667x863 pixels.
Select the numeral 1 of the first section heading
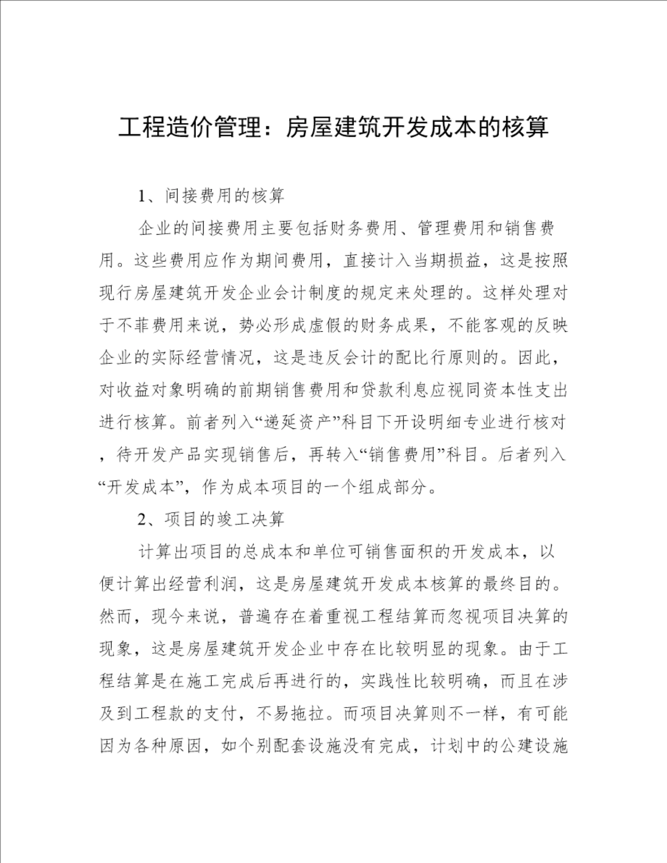(x=142, y=196)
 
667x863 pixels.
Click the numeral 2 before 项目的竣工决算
(x=142, y=520)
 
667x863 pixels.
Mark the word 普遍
(x=255, y=617)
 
